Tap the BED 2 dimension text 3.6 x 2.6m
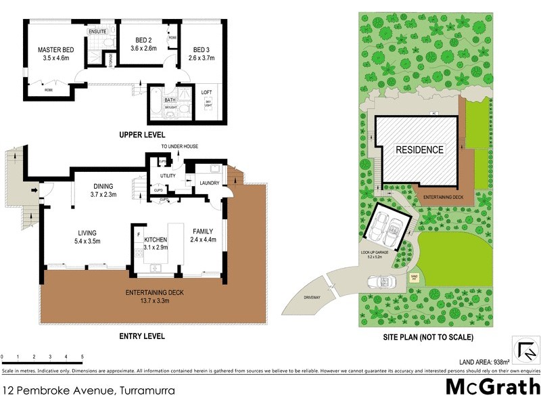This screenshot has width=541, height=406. click(143, 48)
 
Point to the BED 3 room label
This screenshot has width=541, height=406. click(202, 49)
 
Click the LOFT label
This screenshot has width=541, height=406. click(207, 93)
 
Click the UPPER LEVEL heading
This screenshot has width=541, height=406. click(141, 135)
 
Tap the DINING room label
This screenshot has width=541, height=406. click(103, 186)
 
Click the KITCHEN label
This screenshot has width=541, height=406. click(155, 240)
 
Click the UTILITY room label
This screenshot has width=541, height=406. click(168, 176)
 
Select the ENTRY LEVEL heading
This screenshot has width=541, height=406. click(142, 336)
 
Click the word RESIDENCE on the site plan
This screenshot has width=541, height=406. click(419, 150)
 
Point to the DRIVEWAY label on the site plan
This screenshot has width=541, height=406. click(312, 296)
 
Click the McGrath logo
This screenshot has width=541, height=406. click(492, 387)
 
